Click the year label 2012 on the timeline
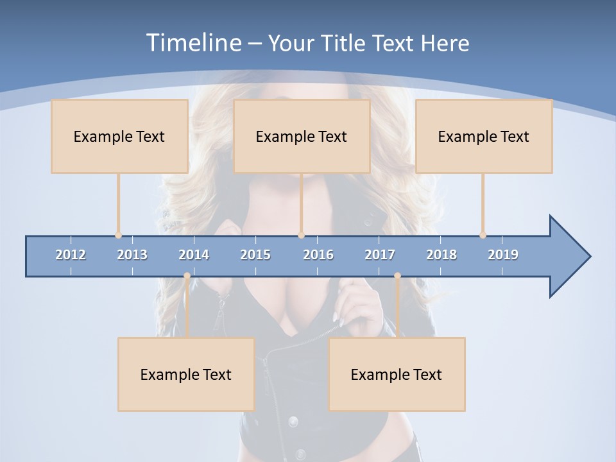tap(71, 255)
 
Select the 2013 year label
tap(132, 255)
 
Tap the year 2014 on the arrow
tap(194, 255)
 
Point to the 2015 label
tap(255, 255)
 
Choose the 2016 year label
tap(318, 255)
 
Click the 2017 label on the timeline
tap(380, 255)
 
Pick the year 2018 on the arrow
tap(441, 255)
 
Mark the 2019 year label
tap(503, 255)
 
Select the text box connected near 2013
tap(119, 136)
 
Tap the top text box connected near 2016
tap(302, 136)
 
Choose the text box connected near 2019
tap(484, 136)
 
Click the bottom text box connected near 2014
tap(186, 374)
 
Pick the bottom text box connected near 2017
tap(397, 374)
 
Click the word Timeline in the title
tap(193, 43)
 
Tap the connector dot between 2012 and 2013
tap(118, 235)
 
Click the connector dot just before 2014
tap(187, 276)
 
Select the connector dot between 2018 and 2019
tap(483, 235)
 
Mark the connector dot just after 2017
tap(397, 276)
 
